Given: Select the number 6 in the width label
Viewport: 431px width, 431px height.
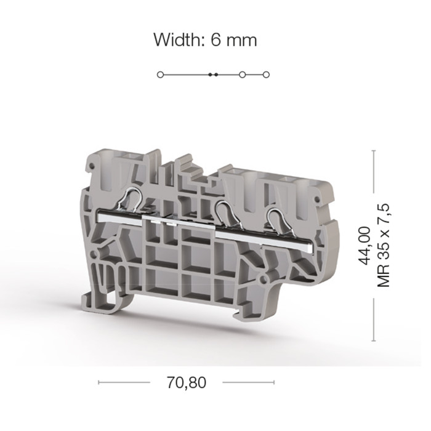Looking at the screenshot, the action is click(216, 40).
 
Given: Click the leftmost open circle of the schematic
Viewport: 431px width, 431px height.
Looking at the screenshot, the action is click(160, 75).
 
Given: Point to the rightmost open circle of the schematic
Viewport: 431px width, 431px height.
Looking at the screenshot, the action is click(266, 75).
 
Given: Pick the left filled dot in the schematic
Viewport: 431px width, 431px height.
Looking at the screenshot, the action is click(210, 75).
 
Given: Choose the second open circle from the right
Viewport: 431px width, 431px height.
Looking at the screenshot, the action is click(242, 75).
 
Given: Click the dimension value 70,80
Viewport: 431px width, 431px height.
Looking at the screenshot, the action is click(187, 382).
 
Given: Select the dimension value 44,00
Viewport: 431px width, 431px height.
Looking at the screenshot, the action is click(365, 246).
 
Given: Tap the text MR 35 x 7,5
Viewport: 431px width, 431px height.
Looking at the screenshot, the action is click(384, 246).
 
